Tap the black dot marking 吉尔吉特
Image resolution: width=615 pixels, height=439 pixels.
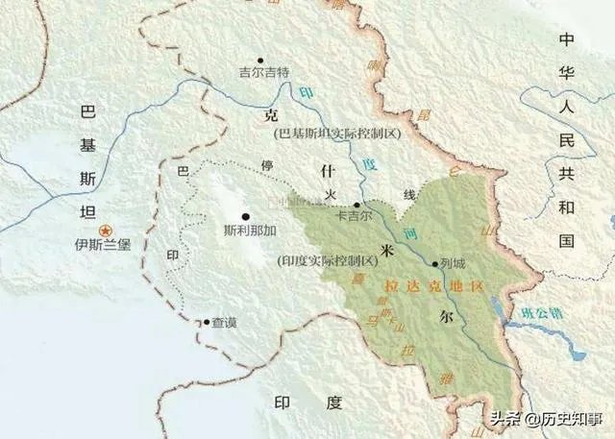click(259, 60)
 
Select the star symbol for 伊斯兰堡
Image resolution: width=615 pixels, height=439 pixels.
click(108, 229)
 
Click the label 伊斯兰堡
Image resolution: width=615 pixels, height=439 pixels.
click(108, 244)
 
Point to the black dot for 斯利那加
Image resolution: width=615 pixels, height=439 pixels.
click(246, 216)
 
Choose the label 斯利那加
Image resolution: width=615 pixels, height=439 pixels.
click(249, 232)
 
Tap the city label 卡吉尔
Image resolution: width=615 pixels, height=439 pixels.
click(354, 217)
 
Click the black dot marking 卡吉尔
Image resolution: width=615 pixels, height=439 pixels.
click(357, 205)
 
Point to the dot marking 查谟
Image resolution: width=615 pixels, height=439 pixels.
click(205, 323)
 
